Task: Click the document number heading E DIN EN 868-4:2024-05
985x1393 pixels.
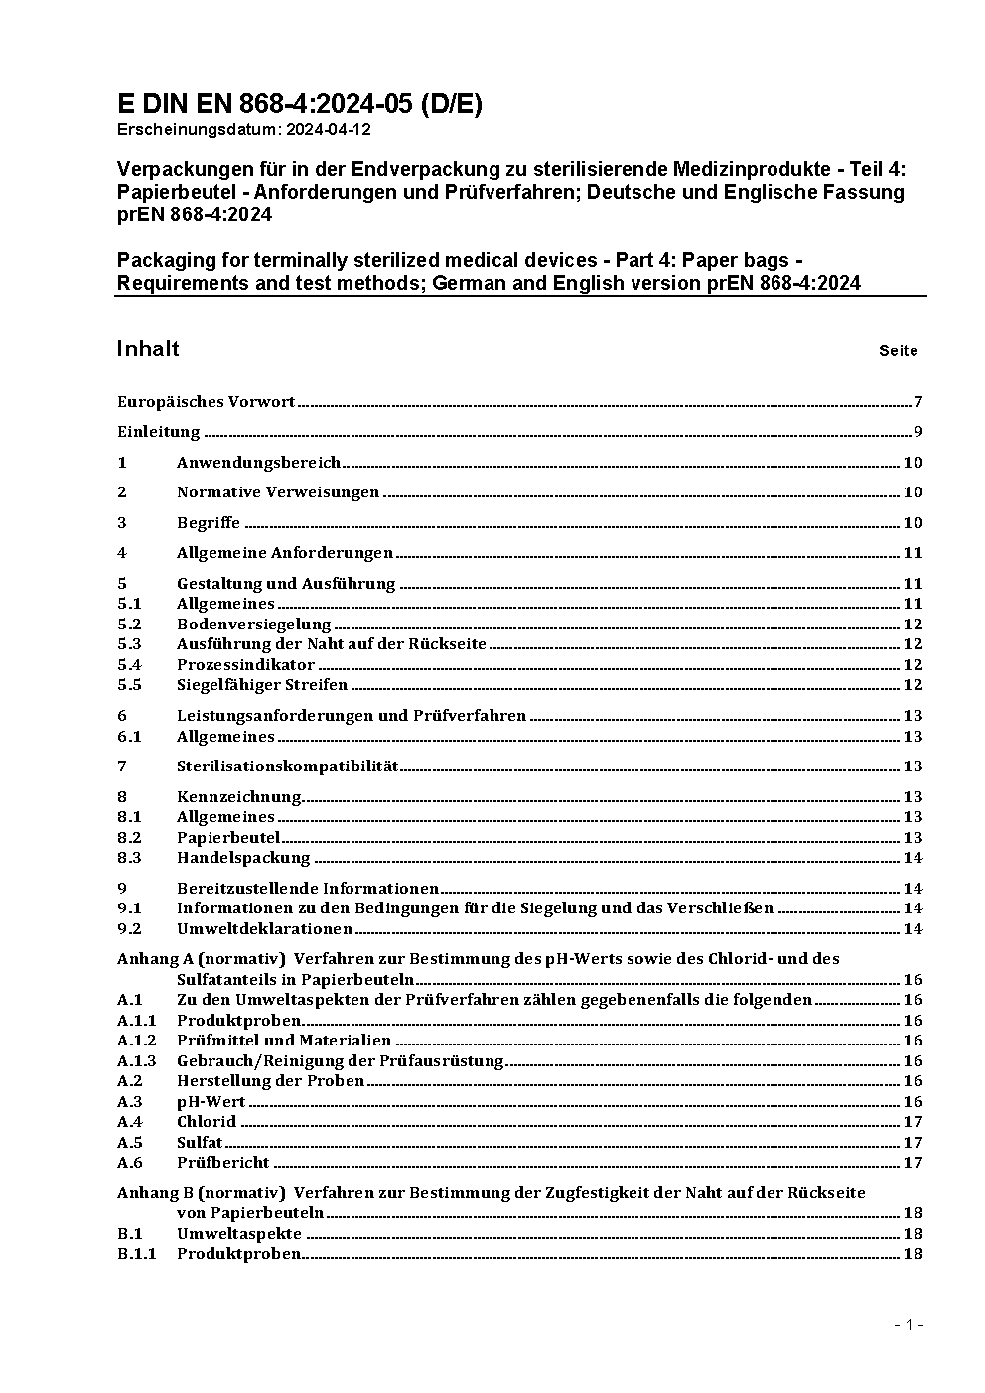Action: (299, 104)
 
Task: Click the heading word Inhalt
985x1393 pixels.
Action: (148, 348)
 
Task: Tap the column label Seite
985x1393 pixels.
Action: (898, 350)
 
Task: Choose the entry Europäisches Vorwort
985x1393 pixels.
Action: (206, 402)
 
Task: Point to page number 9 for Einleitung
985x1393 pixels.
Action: (918, 432)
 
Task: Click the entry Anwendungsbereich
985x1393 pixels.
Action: (258, 463)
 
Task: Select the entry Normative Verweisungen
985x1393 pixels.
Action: (278, 492)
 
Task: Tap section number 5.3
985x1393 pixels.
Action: (129, 644)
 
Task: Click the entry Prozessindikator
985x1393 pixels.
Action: (245, 665)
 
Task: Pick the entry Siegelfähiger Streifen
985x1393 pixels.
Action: (262, 685)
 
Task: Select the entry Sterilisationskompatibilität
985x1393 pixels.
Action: (287, 766)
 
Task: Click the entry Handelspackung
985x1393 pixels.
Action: (243, 858)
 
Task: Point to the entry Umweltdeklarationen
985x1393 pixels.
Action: (264, 929)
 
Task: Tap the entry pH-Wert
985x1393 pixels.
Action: (211, 1102)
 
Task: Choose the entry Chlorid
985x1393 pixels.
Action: (207, 1122)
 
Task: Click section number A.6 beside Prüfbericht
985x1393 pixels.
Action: (130, 1163)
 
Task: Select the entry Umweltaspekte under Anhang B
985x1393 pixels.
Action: (238, 1234)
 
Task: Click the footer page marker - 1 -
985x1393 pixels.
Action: (909, 1325)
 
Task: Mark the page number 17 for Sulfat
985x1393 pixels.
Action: (913, 1143)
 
